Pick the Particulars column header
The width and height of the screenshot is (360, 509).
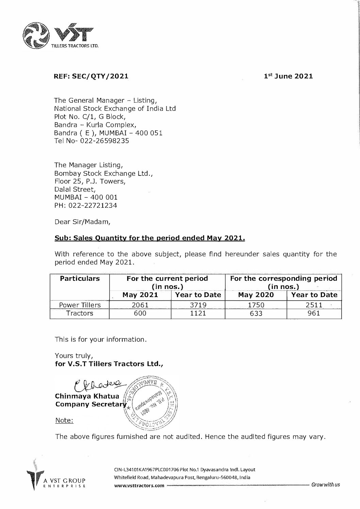(x=80, y=278)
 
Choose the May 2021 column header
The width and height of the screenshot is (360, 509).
(x=140, y=295)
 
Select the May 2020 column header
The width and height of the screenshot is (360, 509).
(x=256, y=295)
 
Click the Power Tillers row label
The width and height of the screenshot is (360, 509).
(x=80, y=305)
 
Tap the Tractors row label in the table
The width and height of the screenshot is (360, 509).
(x=80, y=313)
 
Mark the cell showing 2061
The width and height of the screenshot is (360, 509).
(x=140, y=305)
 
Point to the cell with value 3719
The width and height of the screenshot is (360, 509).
(x=198, y=305)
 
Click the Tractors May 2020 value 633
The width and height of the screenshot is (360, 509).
(x=256, y=313)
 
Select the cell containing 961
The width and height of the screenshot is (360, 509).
(x=313, y=313)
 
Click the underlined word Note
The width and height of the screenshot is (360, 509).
(x=64, y=420)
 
